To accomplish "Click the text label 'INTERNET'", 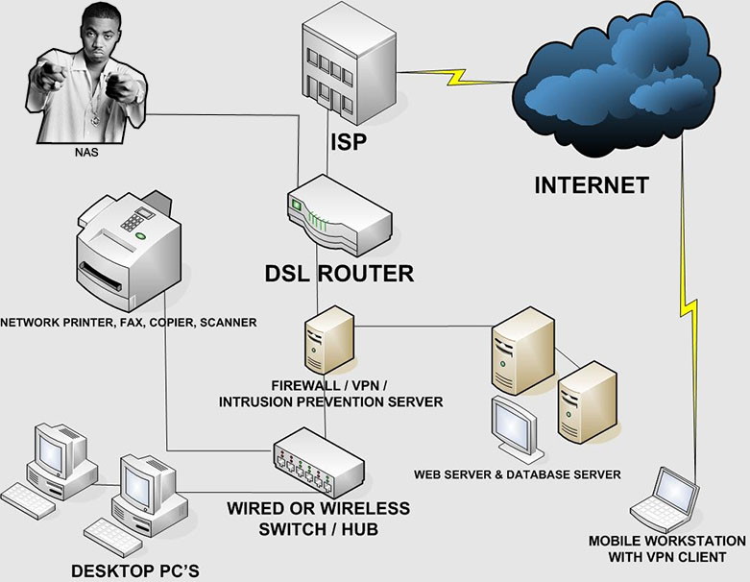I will [x=591, y=184].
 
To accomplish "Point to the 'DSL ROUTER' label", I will [x=339, y=274].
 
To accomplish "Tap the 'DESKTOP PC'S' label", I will [x=134, y=570].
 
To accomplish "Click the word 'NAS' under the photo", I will [x=86, y=152].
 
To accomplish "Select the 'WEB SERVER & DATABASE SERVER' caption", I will [x=517, y=474].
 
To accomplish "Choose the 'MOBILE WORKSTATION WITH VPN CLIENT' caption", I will [x=666, y=548].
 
